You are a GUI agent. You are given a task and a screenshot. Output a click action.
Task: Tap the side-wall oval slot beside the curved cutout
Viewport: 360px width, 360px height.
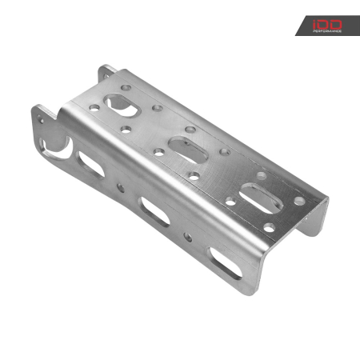pyautogui.click(x=93, y=165)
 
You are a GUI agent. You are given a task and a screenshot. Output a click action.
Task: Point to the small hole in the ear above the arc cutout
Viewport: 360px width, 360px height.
pyautogui.click(x=40, y=117)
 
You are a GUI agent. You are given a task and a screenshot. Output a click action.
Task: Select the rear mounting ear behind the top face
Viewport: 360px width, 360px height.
pyautogui.click(x=105, y=74)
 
